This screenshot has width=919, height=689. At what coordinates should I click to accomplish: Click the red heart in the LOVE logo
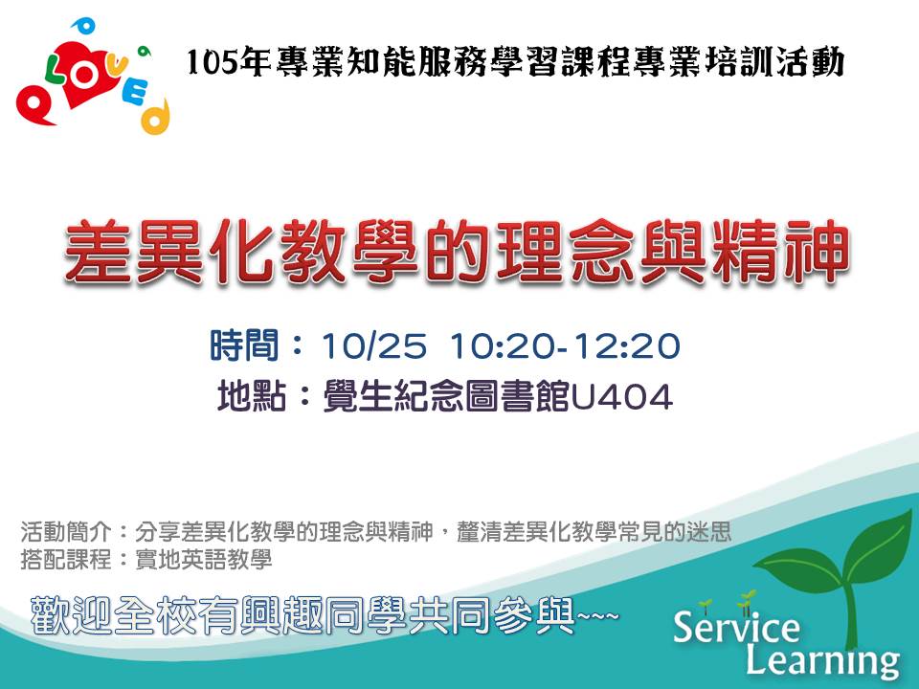[x=88, y=77]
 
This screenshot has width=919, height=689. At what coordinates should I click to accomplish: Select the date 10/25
[x=374, y=345]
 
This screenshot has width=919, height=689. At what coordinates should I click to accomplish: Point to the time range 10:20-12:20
[x=565, y=345]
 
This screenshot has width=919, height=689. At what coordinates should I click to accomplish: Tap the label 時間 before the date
[x=244, y=345]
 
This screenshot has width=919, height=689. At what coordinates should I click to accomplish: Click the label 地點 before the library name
[x=252, y=396]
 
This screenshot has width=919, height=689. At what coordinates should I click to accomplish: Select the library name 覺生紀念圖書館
[x=446, y=396]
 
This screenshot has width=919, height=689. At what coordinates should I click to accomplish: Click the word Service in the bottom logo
[x=736, y=626]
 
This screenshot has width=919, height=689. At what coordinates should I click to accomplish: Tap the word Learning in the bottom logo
[x=822, y=659]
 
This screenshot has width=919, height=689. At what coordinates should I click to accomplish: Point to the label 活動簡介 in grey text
[x=66, y=532]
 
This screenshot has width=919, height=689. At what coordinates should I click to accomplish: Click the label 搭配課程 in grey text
[x=66, y=559]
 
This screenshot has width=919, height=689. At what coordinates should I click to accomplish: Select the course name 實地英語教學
[x=203, y=559]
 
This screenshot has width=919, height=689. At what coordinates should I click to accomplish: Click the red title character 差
[x=99, y=252]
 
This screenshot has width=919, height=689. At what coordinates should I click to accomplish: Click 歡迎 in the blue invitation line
[x=70, y=615]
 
